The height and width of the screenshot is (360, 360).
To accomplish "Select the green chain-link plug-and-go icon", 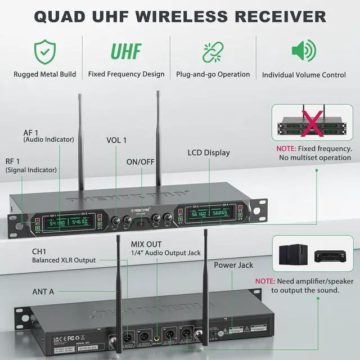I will pos(213,51).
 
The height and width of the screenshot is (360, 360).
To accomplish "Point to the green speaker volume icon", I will pos(303,51).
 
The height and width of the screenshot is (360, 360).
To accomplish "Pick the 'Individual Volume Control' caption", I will pos(304,75).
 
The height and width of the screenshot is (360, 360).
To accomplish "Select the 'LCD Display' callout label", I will pos(209,152).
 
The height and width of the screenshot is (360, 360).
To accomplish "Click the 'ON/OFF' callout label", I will pos(140,161).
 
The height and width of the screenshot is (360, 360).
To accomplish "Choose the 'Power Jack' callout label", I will pos(233,265).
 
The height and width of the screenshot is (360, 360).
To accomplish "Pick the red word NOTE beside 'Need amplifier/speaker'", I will pos(264,280).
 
